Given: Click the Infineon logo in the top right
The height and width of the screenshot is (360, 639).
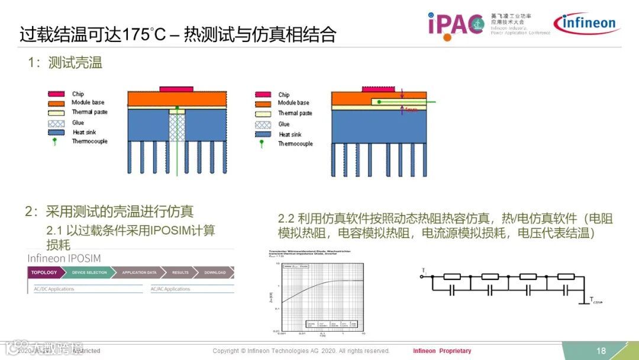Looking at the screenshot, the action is coord(585,24).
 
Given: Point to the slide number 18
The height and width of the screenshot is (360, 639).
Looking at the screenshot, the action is coord(601,351).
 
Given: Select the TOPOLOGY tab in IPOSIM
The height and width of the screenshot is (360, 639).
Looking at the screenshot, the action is coord(44,272).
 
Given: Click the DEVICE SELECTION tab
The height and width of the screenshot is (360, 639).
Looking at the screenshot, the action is coord(89,272).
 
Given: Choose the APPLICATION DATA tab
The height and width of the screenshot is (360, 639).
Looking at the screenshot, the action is coord(139,272).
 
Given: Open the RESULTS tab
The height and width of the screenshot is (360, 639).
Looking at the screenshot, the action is coord(180,272).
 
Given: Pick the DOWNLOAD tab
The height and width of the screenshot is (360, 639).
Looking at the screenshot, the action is coord(215,272).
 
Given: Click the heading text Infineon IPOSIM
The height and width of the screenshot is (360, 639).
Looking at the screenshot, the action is coord(64,259).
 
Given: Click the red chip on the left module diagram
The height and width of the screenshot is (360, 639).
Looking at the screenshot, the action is coord(176,89).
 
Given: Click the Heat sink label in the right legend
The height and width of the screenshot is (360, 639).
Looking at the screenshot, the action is coord(291,134).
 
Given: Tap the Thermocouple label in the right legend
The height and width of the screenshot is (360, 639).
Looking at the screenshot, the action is coord(295,144).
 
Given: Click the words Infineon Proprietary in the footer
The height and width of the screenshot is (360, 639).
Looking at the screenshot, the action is coord(442,351).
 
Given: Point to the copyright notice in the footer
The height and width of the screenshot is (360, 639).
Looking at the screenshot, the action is coord(301,351).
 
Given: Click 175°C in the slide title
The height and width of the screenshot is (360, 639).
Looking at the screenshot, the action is coord(142,34).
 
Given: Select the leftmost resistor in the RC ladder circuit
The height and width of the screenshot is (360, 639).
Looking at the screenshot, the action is coord(452,277).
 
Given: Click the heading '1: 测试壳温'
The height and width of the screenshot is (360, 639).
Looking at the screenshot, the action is coord(64,63).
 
